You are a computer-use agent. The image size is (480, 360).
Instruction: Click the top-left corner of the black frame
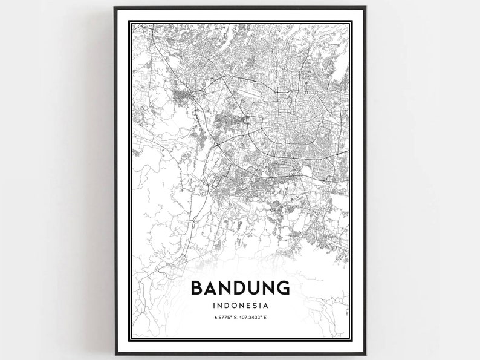(x=115, y=8)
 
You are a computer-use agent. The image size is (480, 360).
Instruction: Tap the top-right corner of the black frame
(x=365, y=8)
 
